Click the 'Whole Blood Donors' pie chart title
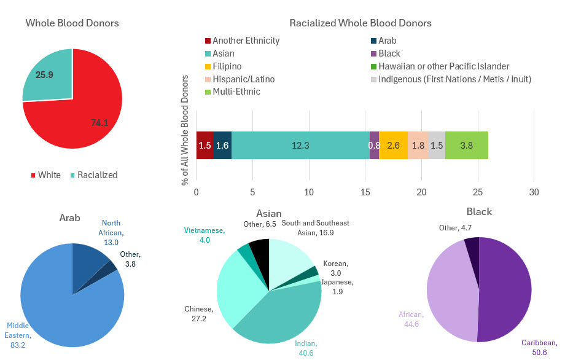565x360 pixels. coord(72,23)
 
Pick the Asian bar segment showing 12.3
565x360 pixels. coord(300,145)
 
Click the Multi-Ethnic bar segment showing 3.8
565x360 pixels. coord(467,145)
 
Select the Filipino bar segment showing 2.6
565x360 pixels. coord(393,145)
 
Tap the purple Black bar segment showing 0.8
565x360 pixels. coord(374,145)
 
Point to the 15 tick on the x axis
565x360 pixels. coord(365,192)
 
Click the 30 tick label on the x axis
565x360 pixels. coord(534,192)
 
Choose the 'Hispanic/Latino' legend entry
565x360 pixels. coord(243,79)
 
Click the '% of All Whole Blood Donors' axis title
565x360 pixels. coord(184,130)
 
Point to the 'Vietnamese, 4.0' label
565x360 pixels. coord(205,235)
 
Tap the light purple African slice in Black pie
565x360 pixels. coord(451,289)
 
